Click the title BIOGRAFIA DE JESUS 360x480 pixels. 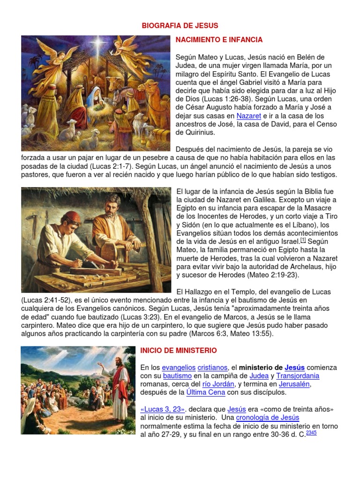tap(180, 25)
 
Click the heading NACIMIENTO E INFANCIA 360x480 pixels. tap(219, 40)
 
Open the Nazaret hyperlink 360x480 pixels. tap(248, 115)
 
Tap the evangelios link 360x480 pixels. tap(179, 367)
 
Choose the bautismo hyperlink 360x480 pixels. tap(177, 376)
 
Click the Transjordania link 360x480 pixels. tap(298, 376)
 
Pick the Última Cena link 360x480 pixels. tap(206, 393)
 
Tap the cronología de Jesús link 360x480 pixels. tap(268, 418)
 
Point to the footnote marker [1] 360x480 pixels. tap(303, 240)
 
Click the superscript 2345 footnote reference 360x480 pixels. tap(311, 433)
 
